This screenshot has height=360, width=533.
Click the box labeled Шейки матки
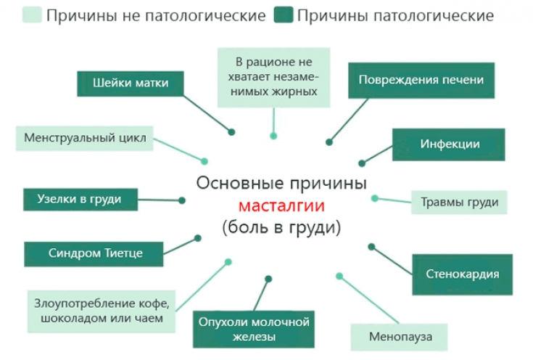click(131, 83)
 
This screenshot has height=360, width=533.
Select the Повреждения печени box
click(421, 79)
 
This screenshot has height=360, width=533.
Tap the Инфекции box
click(450, 144)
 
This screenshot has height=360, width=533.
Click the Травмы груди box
click(459, 202)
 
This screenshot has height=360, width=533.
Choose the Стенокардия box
click(462, 274)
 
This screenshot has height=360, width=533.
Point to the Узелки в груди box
click(79, 199)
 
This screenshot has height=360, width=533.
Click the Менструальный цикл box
click(85, 137)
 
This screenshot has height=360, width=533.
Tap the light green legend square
click(31, 15)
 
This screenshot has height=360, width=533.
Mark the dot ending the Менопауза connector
click(339, 275)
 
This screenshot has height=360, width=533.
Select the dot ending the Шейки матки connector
click(232, 132)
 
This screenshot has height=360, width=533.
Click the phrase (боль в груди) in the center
click(281, 227)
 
